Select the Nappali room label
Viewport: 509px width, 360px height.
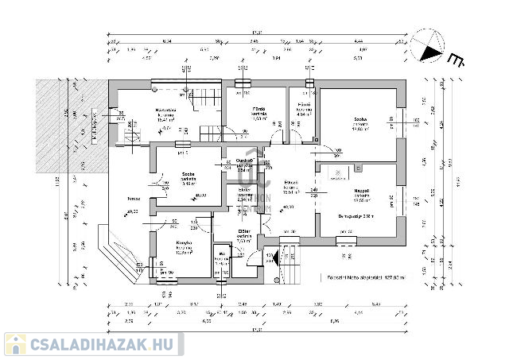(363, 192)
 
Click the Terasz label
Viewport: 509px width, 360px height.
(122, 198)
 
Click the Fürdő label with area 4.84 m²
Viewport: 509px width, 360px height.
(304, 105)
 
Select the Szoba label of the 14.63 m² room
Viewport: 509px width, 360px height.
(361, 120)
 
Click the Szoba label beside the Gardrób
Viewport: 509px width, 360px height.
(188, 174)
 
